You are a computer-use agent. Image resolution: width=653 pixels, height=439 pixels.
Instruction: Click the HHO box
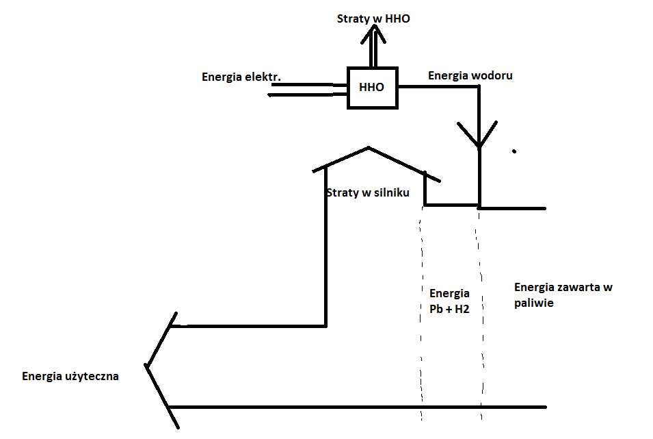[372, 88]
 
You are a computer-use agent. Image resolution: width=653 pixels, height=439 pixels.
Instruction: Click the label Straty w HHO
[373, 18]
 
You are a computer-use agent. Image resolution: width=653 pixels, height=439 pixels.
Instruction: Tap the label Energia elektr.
[241, 76]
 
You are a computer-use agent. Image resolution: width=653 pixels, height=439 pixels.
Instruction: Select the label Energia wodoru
[470, 75]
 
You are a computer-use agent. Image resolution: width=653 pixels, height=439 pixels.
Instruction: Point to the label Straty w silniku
[368, 192]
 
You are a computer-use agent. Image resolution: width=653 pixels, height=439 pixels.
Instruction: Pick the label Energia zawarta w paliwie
[563, 295]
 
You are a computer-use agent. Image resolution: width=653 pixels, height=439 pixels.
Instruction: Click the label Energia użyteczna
[71, 375]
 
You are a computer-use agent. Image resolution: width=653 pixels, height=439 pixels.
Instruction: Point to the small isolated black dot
[514, 151]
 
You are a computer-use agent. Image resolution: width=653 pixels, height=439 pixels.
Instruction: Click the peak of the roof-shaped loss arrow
[369, 147]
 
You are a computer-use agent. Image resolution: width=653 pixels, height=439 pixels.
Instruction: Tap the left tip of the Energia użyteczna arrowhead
[146, 365]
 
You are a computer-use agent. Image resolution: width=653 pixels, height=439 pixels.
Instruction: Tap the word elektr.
[263, 76]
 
